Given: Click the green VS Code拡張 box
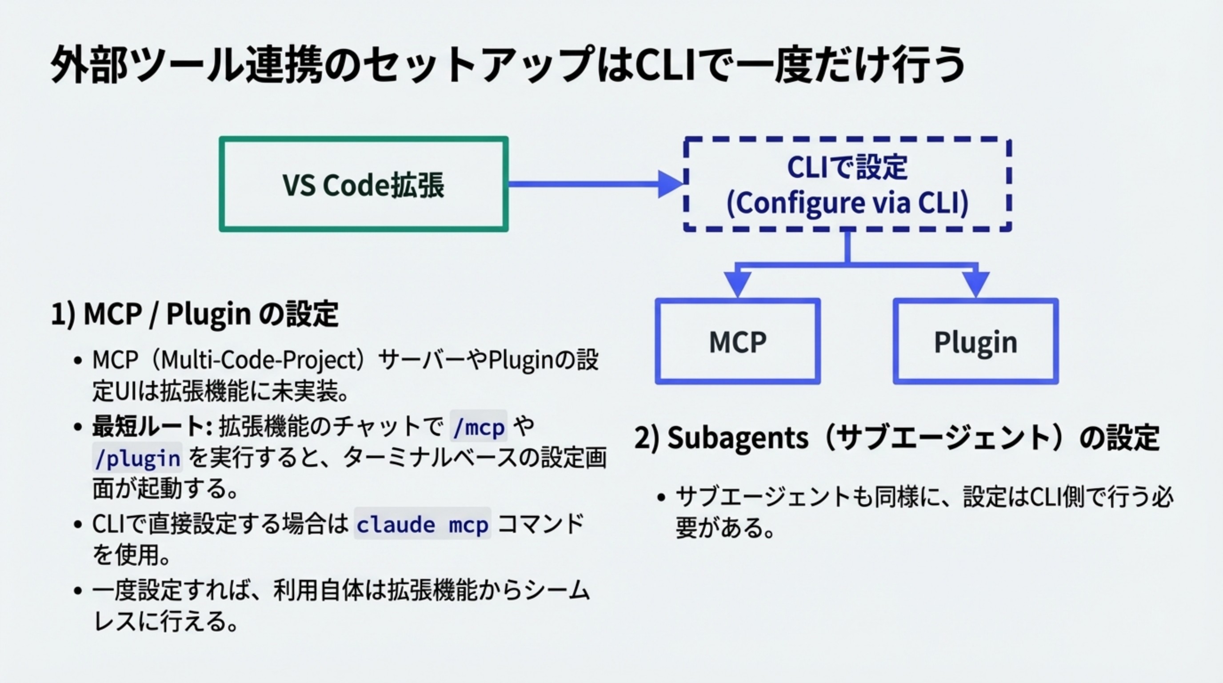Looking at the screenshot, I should pyautogui.click(x=363, y=184).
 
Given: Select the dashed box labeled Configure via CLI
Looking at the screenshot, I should pyautogui.click(x=847, y=184).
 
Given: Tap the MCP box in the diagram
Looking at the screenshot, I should pyautogui.click(x=737, y=341).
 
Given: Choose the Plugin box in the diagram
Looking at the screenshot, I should pyautogui.click(x=975, y=341).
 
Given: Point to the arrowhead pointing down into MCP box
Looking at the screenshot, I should pyautogui.click(x=737, y=284).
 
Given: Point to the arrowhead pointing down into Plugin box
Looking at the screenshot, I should pyautogui.click(x=975, y=284).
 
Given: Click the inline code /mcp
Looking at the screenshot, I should pyautogui.click(x=479, y=426).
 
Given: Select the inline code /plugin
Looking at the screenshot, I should pyautogui.click(x=137, y=458).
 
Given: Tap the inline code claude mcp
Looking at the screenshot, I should pyautogui.click(x=422, y=524).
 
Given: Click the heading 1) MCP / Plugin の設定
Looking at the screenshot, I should pyautogui.click(x=195, y=314).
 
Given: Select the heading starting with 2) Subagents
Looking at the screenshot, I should pyautogui.click(x=896, y=438).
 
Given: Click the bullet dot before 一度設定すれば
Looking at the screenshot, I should pyautogui.click(x=78, y=591).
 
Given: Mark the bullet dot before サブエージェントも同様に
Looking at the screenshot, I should pyautogui.click(x=662, y=497).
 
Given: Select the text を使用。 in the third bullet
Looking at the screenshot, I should pyautogui.click(x=132, y=555).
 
